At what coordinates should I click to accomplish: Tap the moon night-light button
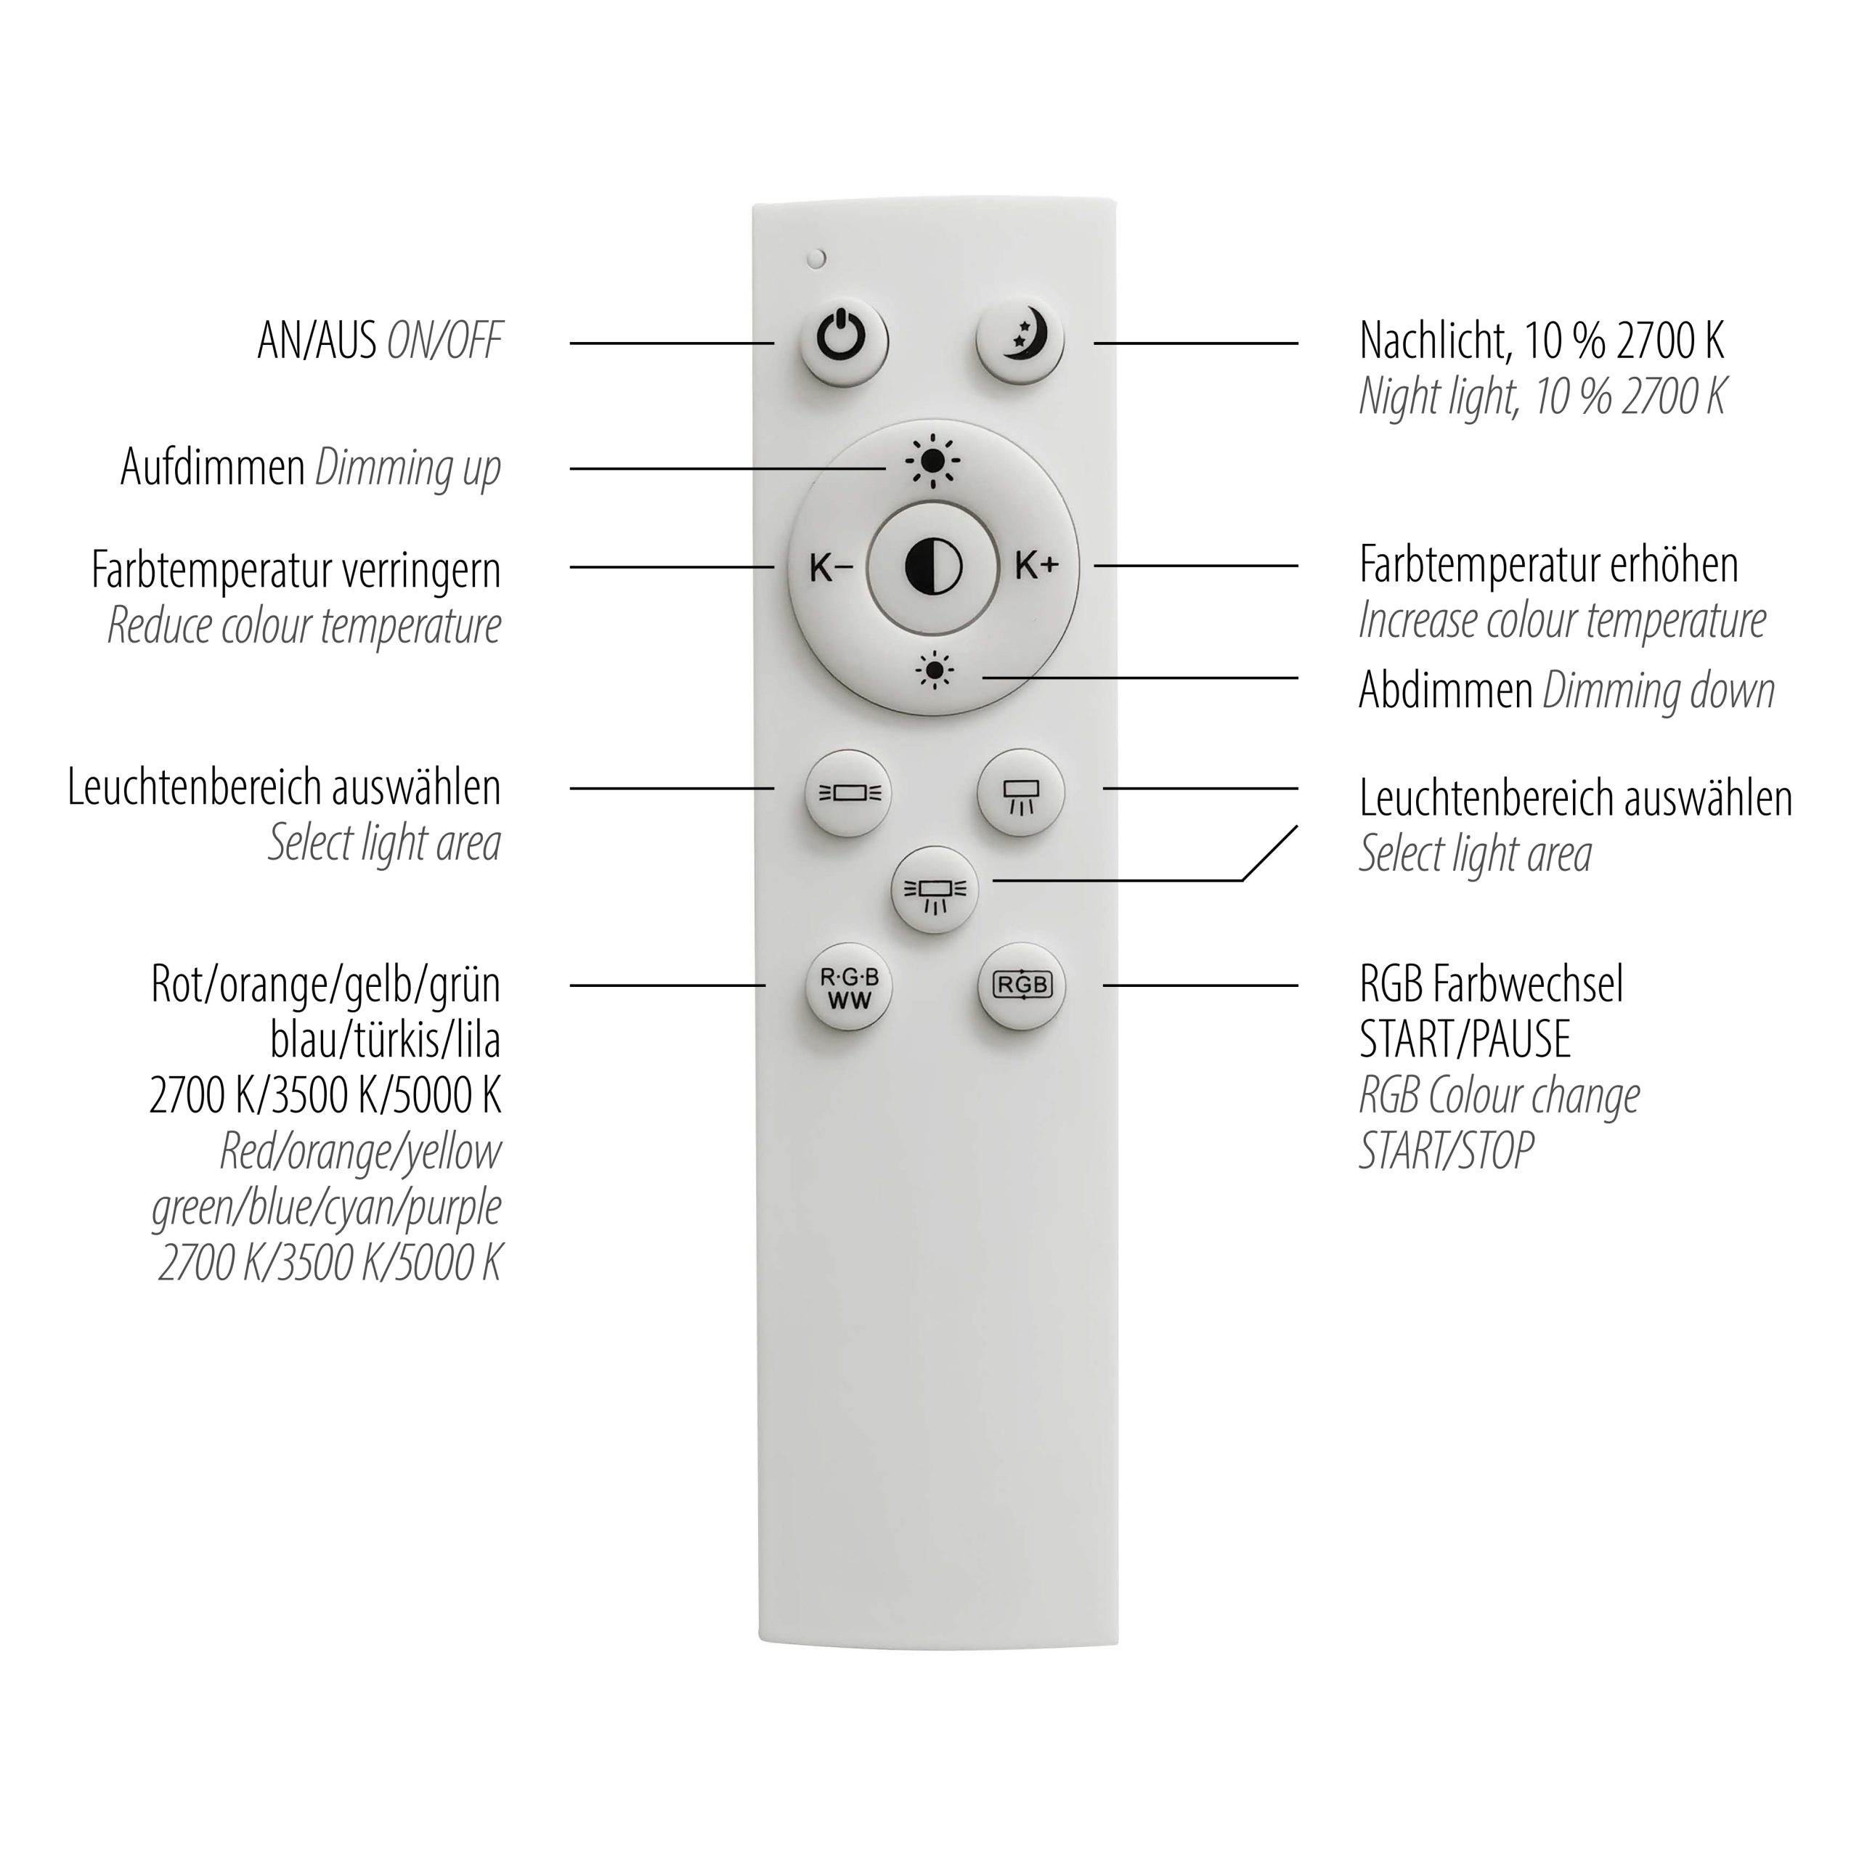1020,341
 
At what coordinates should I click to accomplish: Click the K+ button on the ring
1037,566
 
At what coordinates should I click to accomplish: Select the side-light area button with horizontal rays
849,793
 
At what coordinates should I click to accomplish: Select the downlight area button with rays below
1021,793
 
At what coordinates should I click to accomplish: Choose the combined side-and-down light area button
935,889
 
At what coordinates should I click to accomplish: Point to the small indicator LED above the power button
818,258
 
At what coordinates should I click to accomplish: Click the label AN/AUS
317,341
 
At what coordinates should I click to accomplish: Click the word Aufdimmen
213,468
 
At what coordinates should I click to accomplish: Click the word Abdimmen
1445,690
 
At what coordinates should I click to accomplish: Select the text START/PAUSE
1465,1039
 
